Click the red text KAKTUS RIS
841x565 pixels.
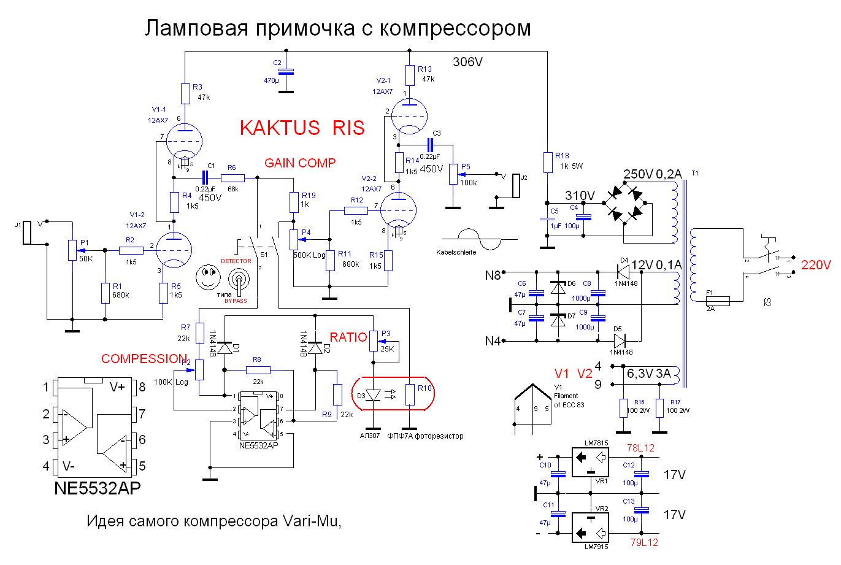302,128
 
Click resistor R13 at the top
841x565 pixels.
410,75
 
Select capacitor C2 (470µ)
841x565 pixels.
286,72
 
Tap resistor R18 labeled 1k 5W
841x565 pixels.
548,163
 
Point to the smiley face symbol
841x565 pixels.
208,277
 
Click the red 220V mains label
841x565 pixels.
815,265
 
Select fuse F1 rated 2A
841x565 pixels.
715,301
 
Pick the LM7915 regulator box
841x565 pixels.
590,527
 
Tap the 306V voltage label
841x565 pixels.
467,62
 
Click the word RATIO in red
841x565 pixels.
348,337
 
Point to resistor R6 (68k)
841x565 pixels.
232,178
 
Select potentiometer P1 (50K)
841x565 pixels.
72,250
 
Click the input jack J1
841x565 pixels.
27,233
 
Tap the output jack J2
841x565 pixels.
516,187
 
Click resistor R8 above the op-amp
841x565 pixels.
258,370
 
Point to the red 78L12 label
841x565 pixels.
640,448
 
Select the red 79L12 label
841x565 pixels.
644,542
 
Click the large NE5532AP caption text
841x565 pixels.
98,488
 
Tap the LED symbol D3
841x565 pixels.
372,395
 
